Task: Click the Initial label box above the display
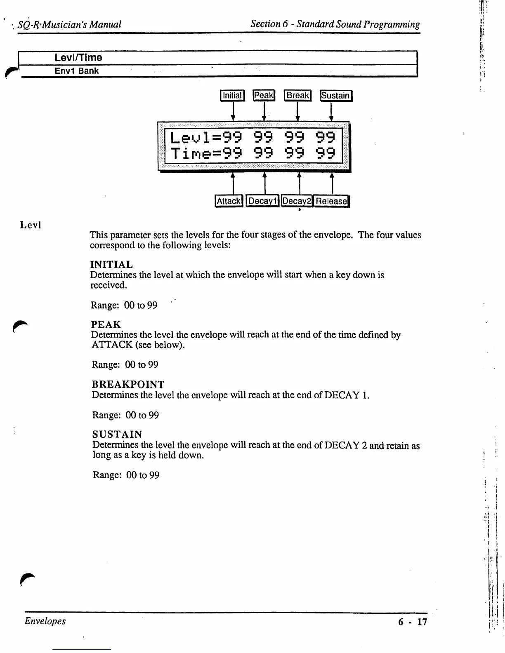232,96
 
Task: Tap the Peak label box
264,95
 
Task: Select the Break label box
297,95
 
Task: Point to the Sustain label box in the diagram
336,96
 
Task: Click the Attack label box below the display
229,201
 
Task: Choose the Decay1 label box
262,201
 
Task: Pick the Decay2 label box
297,201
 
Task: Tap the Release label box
331,201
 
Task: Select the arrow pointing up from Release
332,183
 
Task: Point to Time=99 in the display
206,154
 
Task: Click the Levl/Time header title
78,58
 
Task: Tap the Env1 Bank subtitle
77,71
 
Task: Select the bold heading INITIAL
111,264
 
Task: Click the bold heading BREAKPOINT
128,385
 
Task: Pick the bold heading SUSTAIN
117,435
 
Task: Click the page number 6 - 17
413,622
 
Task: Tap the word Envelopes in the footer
45,621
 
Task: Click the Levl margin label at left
30,225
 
